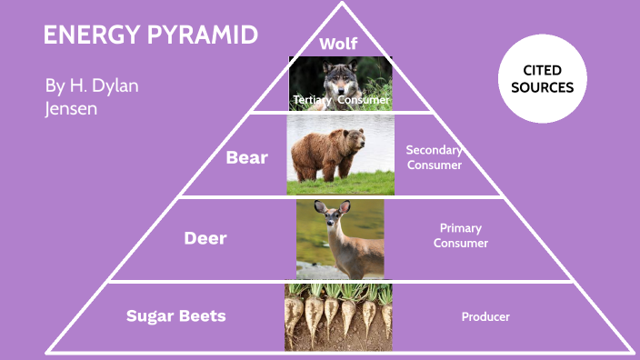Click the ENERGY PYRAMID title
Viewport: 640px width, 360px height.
tap(150, 35)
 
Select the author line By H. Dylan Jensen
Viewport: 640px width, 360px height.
tap(92, 96)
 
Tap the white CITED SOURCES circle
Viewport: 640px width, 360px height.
tap(548, 79)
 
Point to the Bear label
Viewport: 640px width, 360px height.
tap(246, 157)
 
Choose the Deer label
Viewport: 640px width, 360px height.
tap(205, 238)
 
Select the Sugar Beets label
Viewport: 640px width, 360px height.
tap(175, 316)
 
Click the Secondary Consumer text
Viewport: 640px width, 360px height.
tap(435, 157)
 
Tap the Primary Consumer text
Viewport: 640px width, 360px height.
tap(461, 235)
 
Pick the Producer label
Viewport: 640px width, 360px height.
tap(485, 316)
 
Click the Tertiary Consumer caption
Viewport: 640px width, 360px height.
tap(341, 99)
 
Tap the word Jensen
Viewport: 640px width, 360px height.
tap(70, 107)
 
